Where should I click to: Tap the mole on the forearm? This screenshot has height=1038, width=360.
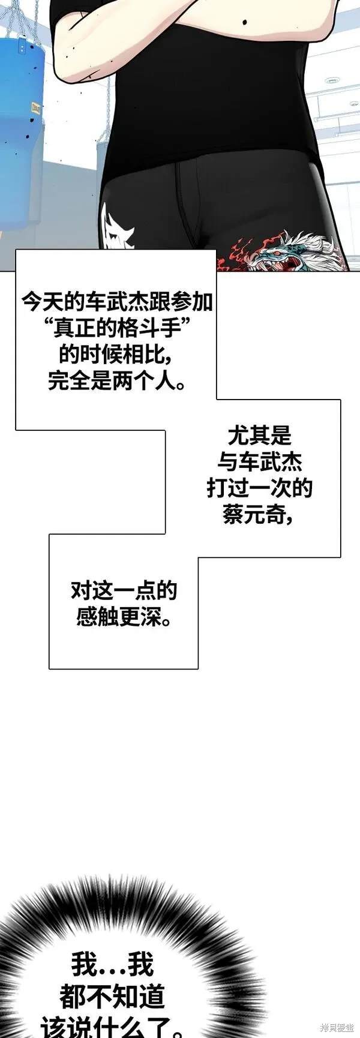(246, 23)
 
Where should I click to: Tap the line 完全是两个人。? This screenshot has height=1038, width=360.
(116, 382)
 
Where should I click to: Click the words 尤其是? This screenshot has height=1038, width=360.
(259, 435)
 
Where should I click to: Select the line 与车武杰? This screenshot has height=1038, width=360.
(259, 461)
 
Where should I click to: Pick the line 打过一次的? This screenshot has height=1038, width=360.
(259, 488)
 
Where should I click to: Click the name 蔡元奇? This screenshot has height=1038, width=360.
(254, 515)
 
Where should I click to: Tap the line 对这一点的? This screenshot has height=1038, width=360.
(124, 591)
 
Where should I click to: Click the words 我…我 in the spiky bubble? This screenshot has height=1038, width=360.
(112, 965)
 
